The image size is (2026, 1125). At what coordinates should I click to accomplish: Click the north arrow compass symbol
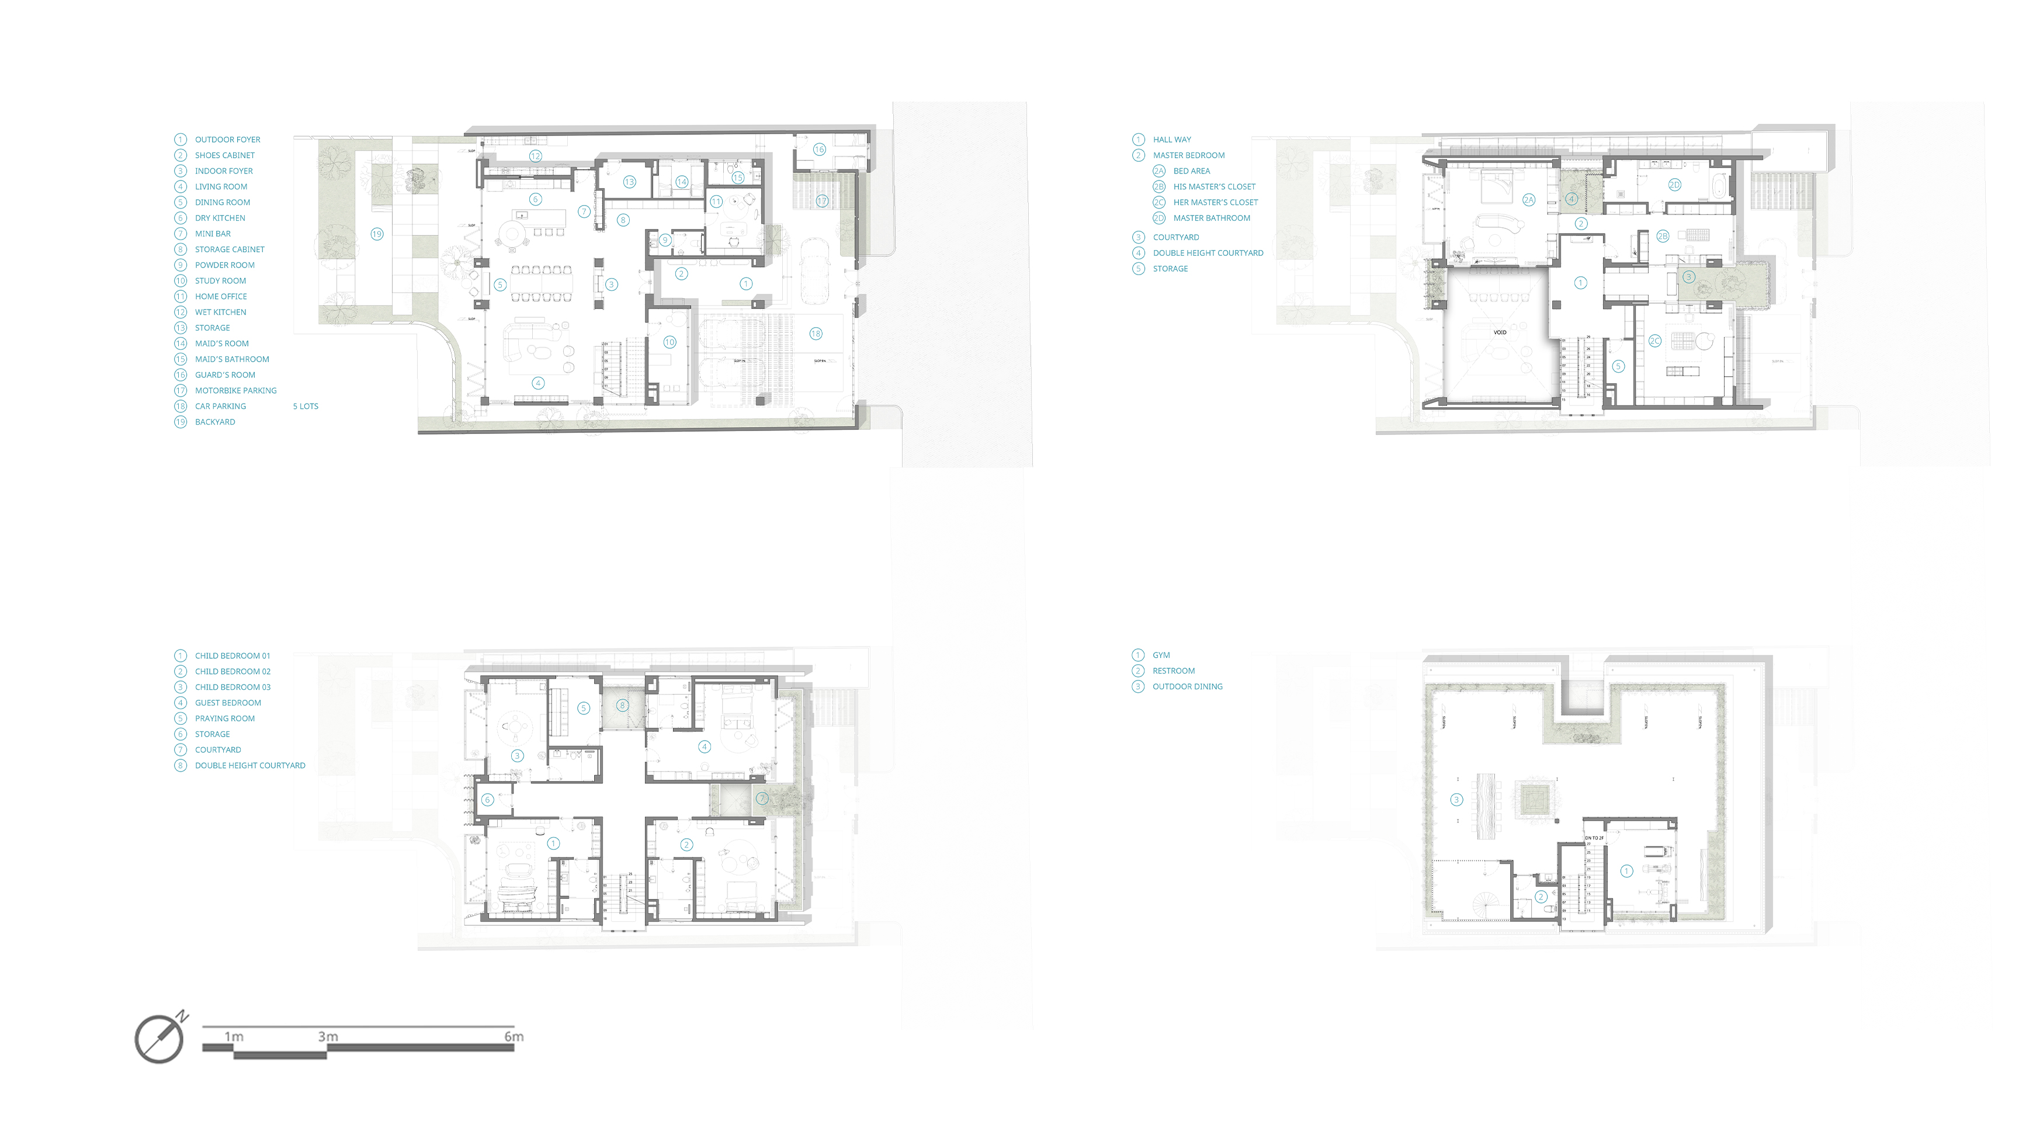[159, 1038]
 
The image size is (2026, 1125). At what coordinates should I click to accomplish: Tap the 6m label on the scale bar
[514, 1036]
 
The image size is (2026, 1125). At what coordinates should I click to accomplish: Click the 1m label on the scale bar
[234, 1036]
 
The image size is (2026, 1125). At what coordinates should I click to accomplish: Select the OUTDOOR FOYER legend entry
[227, 139]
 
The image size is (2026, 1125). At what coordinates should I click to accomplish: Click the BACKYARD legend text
[215, 422]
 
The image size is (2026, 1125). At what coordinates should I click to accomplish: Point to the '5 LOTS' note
[305, 407]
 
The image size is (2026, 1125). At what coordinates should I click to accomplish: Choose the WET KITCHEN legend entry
[220, 312]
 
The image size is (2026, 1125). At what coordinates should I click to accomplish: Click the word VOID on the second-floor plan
[1500, 332]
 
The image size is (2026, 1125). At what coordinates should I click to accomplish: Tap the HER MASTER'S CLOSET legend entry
[1215, 202]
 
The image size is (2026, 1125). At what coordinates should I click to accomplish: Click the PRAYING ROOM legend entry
[224, 718]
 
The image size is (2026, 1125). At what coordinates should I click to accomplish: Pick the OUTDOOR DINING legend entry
[1187, 686]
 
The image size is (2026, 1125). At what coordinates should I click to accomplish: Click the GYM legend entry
[1161, 655]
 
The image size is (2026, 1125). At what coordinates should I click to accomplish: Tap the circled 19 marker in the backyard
[377, 234]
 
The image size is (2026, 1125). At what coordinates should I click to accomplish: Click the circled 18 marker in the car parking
[816, 334]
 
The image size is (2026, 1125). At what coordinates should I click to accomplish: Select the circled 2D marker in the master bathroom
[1674, 185]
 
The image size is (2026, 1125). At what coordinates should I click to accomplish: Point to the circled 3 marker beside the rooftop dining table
[1456, 800]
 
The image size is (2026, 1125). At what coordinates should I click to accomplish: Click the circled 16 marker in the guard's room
[818, 150]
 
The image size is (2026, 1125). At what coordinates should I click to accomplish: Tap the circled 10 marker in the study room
[669, 342]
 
